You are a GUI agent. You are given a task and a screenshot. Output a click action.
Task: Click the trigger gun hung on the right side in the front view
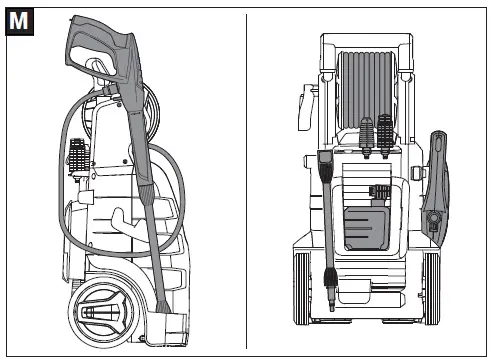coord(435,185)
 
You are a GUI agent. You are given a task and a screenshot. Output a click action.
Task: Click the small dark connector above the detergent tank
coord(379,190)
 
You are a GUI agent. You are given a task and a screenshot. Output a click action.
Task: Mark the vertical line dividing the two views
coord(246,180)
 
